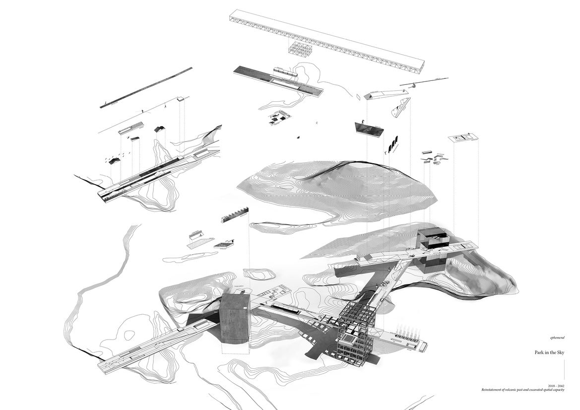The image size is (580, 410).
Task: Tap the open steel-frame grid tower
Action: pyautogui.click(x=357, y=330)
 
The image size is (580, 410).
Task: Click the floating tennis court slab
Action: pyautogui.click(x=463, y=137)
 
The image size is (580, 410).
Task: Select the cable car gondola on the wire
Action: pyautogui.click(x=411, y=87)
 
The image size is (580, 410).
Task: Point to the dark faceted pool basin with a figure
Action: pyautogui.click(x=369, y=129)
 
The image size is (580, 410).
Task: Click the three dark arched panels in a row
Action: pyautogui.click(x=394, y=144)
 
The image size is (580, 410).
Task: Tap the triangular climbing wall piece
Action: pyautogui.click(x=401, y=108)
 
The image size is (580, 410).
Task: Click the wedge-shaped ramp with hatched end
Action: pyautogui.click(x=383, y=94)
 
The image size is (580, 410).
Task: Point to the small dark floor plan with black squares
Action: pyautogui.click(x=277, y=118)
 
